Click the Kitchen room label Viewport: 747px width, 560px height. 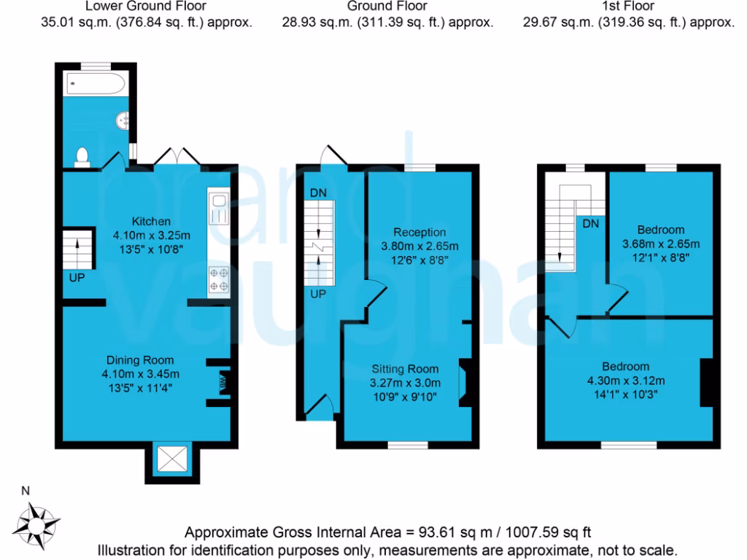tap(151, 221)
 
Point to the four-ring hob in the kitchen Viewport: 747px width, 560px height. tap(219, 279)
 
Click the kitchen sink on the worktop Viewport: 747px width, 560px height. tap(219, 209)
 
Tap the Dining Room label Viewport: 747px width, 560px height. tap(140, 359)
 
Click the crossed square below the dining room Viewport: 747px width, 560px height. tap(174, 459)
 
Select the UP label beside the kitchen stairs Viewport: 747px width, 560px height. tap(77, 278)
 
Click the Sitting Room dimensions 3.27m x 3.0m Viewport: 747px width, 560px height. tap(406, 382)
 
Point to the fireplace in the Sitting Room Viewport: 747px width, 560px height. tap(465, 382)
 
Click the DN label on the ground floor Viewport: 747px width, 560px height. tap(318, 192)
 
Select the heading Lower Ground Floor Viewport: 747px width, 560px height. tap(146, 7)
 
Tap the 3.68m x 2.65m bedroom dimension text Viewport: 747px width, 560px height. tap(660, 244)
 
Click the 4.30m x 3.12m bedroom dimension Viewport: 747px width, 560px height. tap(625, 380)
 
